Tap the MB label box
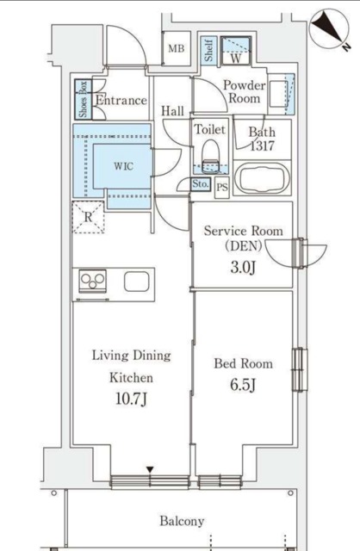click(x=177, y=49)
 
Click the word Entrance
click(x=121, y=101)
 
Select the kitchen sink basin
click(x=138, y=282)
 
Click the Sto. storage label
click(x=201, y=184)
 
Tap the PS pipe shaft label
click(x=222, y=186)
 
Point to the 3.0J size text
click(x=242, y=269)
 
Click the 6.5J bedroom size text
click(x=242, y=385)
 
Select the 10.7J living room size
click(x=130, y=399)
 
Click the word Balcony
click(x=182, y=521)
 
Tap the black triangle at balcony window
click(x=150, y=469)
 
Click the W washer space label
click(x=234, y=59)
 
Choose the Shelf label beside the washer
click(x=208, y=51)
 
